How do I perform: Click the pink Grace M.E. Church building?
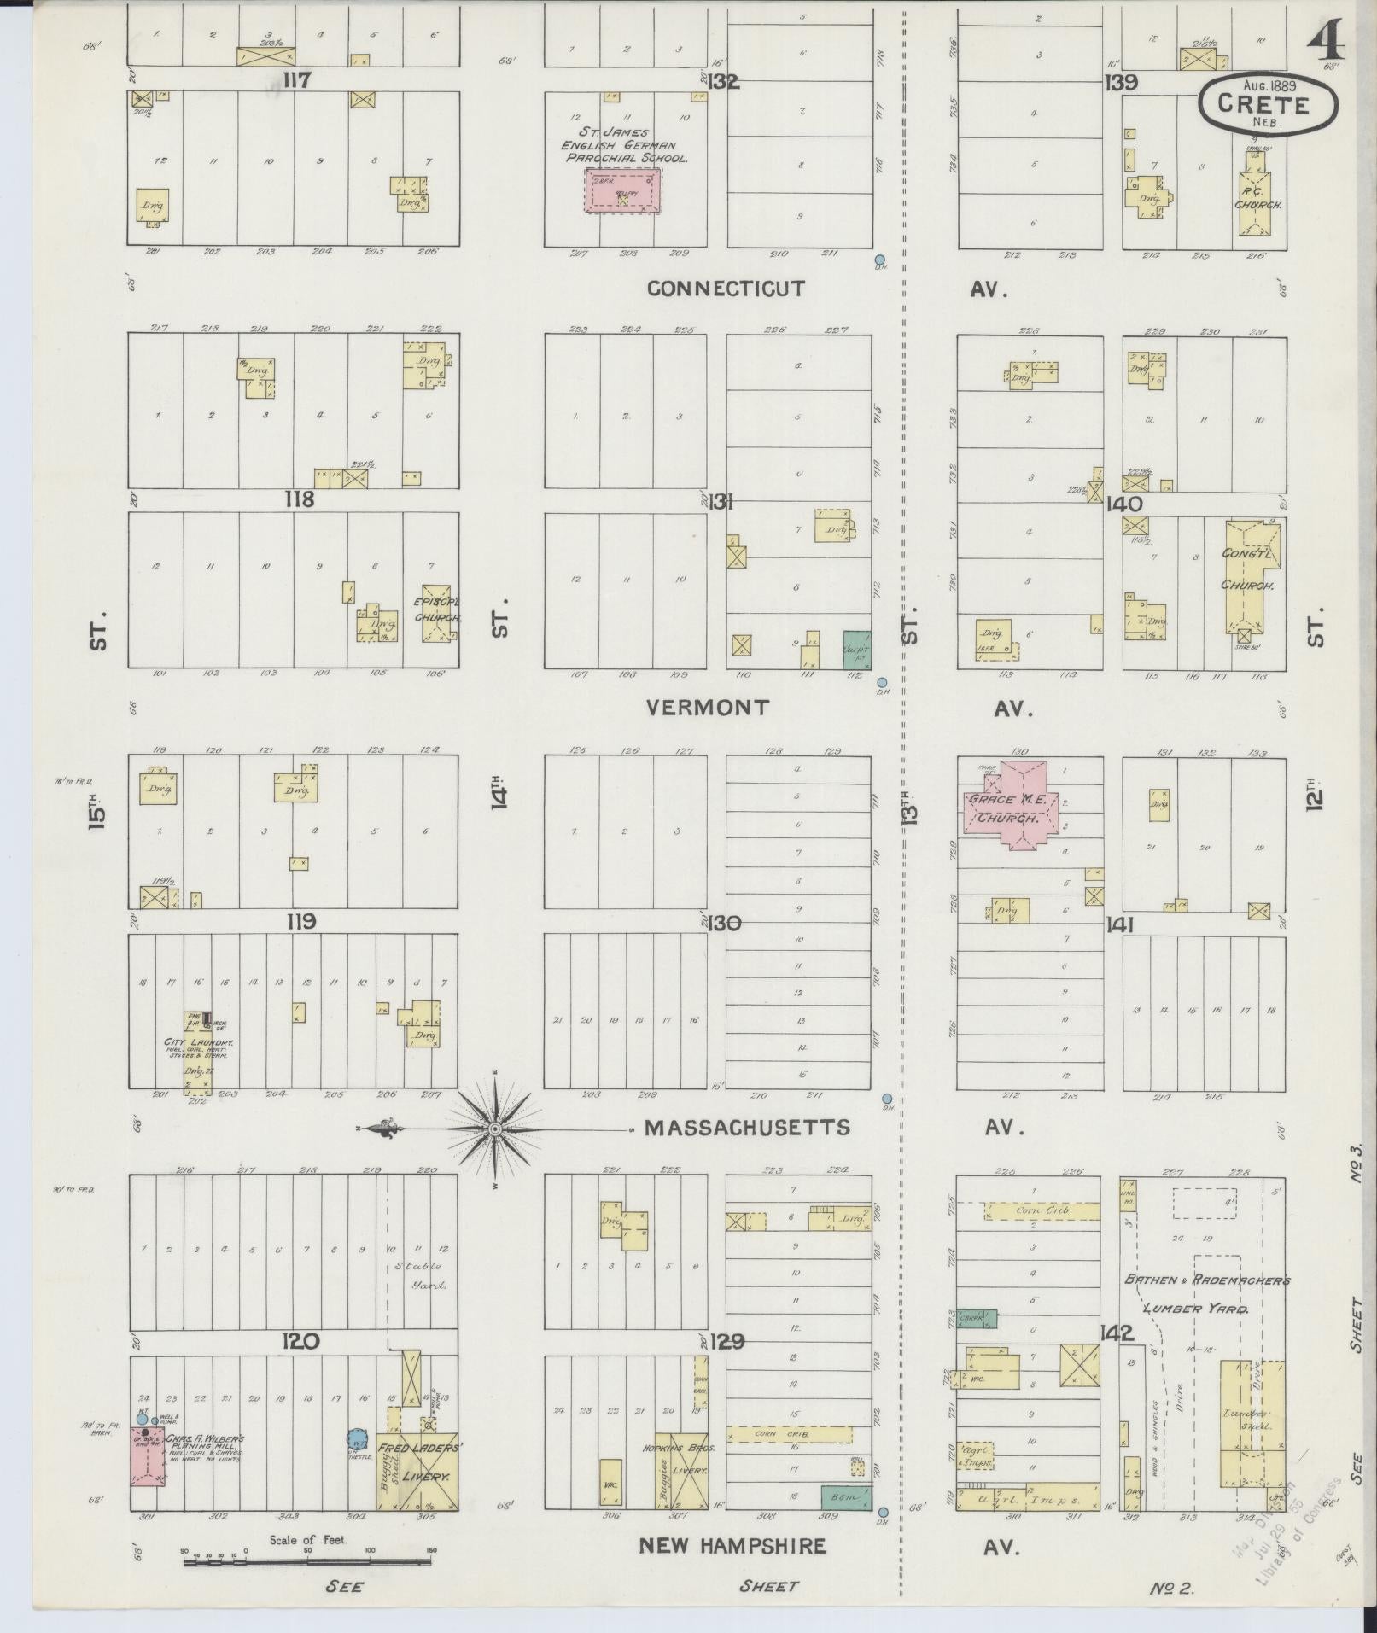[x=1013, y=806]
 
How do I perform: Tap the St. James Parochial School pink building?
[x=622, y=190]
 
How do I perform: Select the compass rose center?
[x=494, y=1129]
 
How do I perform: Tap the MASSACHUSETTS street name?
[x=747, y=1128]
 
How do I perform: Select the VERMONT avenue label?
[x=708, y=708]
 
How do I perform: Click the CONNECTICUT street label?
[x=726, y=289]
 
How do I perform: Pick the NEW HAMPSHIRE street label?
[x=732, y=1546]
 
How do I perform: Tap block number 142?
[x=1115, y=1333]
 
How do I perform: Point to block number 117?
[x=298, y=81]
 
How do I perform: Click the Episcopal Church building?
[x=436, y=613]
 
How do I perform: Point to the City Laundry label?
[x=200, y=1043]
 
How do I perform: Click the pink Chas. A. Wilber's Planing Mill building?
[x=148, y=1455]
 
